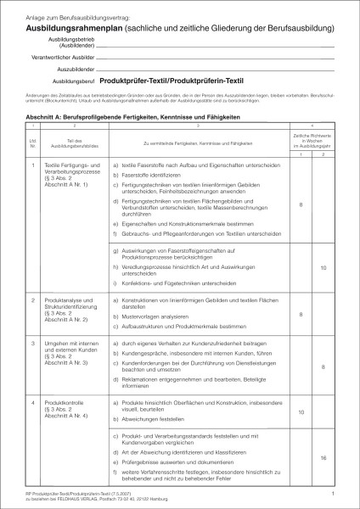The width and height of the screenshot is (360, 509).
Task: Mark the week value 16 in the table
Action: [323, 458]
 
